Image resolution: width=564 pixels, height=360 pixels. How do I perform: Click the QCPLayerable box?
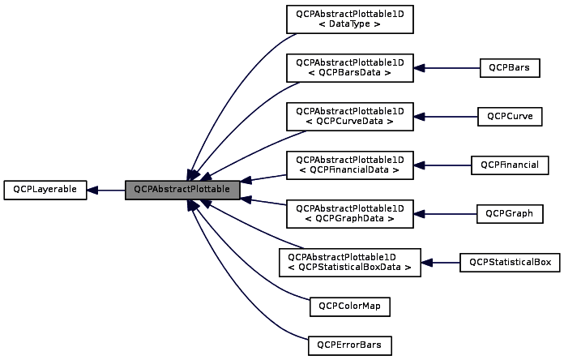click(45, 190)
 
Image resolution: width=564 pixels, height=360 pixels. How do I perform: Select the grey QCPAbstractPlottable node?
click(182, 190)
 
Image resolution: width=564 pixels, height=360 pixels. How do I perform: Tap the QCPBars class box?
click(509, 67)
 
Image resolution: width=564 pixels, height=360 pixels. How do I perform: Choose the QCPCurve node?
click(509, 116)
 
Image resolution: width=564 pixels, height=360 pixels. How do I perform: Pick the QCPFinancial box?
click(510, 165)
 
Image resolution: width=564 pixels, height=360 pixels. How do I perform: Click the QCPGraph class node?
click(509, 213)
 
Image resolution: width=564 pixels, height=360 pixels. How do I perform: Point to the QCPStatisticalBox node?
click(510, 262)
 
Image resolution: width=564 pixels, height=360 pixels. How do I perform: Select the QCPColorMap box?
click(350, 306)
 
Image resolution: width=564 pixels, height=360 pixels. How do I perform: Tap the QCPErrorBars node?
click(350, 345)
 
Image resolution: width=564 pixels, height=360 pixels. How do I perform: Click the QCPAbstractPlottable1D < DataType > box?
click(350, 19)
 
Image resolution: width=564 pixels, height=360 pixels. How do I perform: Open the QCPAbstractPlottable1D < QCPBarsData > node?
click(350, 67)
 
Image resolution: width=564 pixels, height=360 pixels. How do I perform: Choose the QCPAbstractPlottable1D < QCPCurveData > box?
click(350, 116)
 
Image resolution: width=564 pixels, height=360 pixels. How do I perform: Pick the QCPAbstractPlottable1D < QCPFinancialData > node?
click(350, 165)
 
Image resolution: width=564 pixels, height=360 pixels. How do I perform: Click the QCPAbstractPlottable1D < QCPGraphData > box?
click(350, 213)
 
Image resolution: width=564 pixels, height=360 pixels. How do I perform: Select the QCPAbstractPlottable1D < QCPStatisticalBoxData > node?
click(350, 262)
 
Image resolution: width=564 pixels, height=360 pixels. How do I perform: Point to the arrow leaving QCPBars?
click(446, 67)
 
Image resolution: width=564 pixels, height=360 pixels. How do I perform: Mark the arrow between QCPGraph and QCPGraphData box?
click(445, 213)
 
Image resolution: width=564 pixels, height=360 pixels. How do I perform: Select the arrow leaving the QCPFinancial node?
click(442, 165)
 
